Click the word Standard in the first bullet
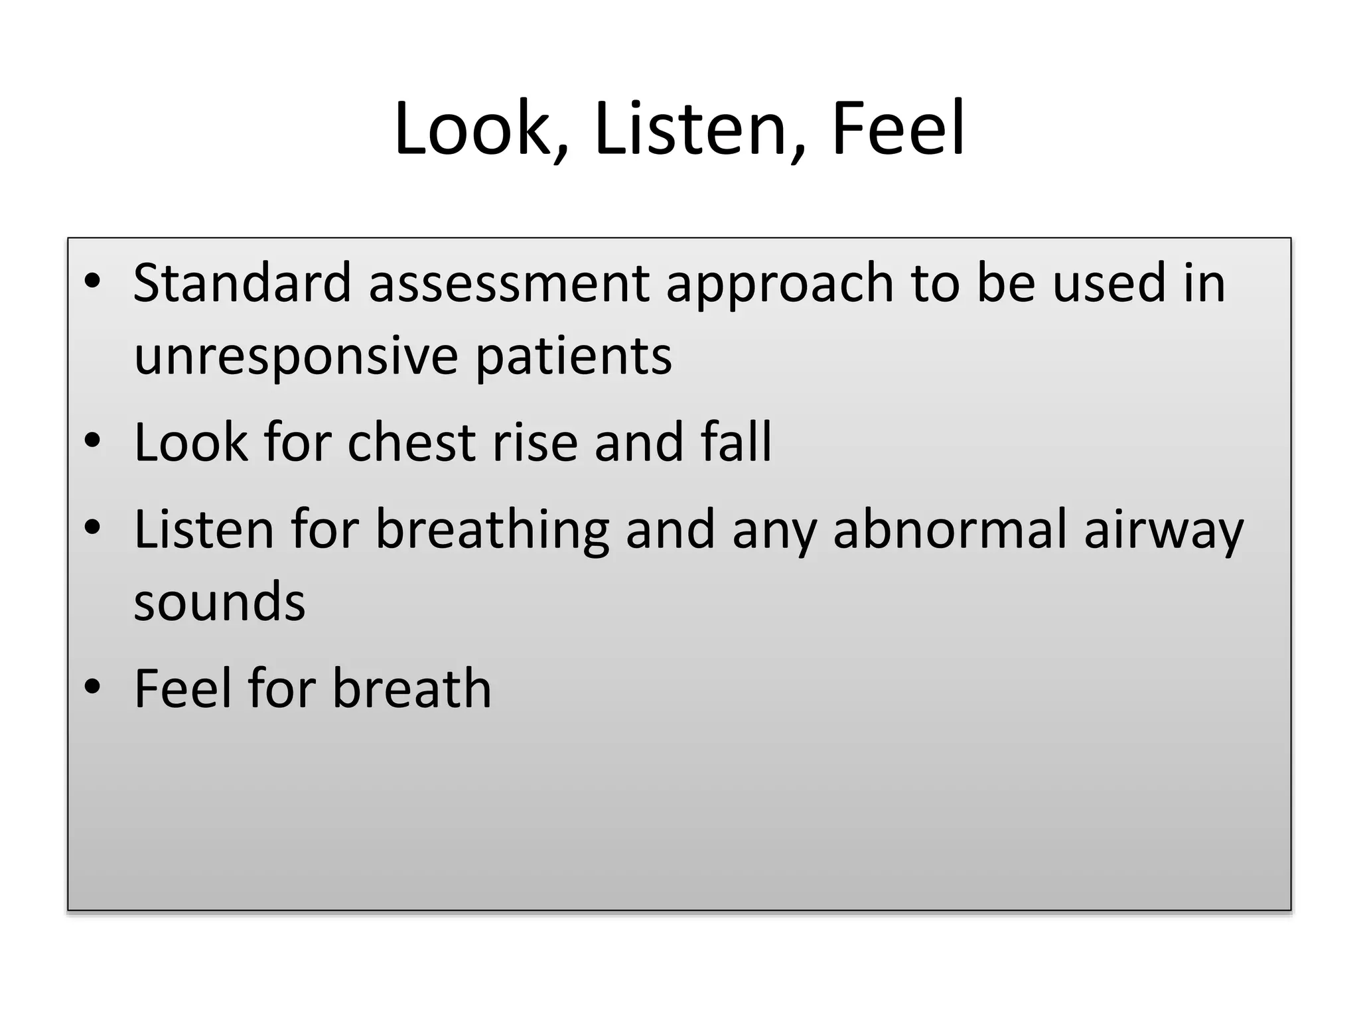(x=242, y=283)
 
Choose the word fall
(x=737, y=442)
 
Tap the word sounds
(x=220, y=602)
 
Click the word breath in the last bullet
(x=412, y=688)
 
